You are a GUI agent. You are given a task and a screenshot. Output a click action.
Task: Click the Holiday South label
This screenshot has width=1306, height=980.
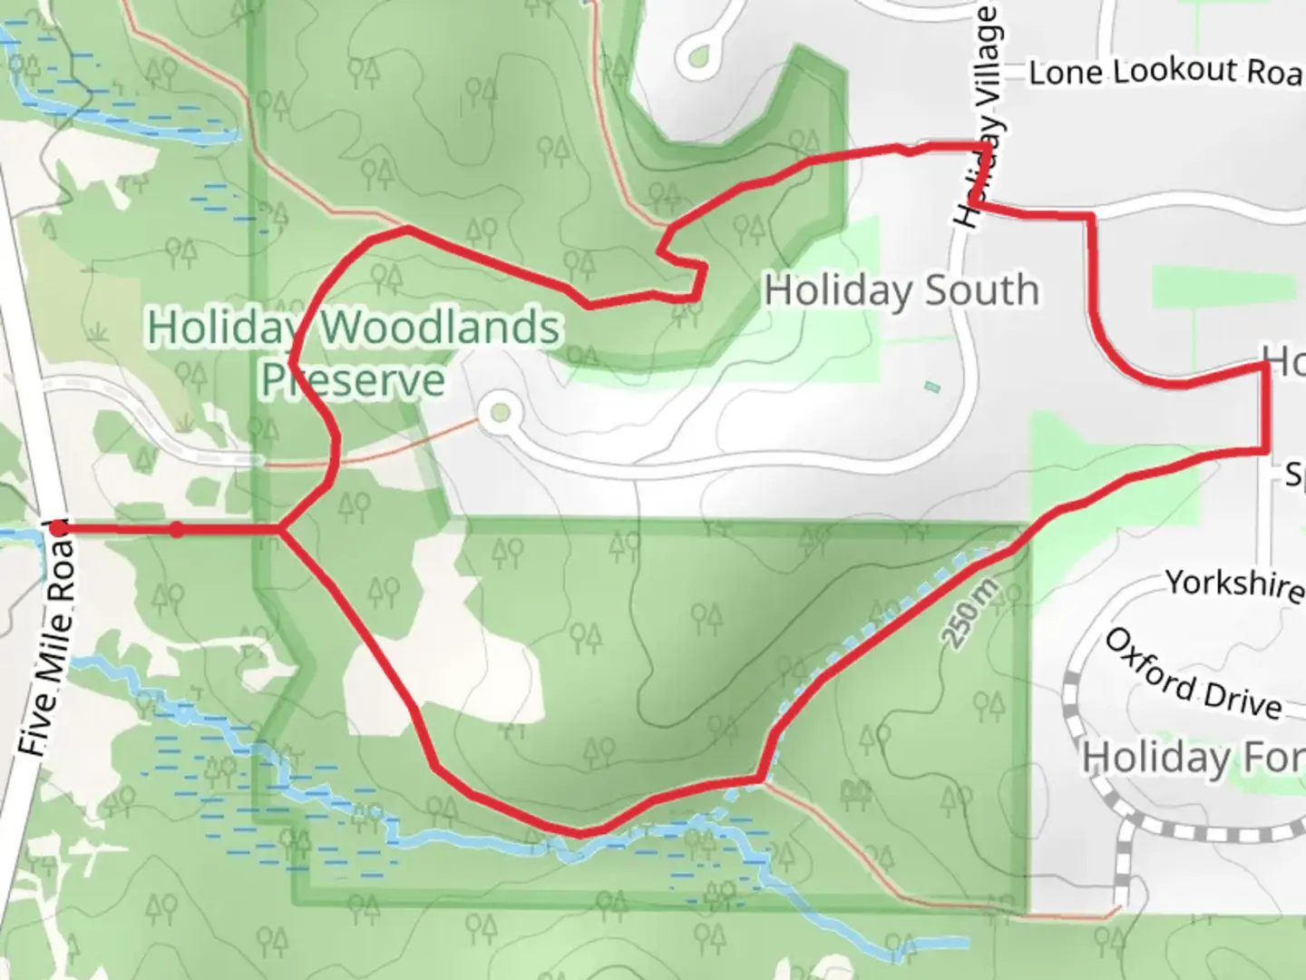902,291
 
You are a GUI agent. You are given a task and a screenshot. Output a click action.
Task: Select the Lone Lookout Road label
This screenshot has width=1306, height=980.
1165,72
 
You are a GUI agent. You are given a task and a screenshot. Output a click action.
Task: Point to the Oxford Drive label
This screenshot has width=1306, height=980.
1192,675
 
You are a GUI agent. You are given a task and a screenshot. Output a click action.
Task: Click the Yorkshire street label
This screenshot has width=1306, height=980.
1233,583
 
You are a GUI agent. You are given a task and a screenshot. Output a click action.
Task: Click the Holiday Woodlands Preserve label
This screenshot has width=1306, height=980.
354,353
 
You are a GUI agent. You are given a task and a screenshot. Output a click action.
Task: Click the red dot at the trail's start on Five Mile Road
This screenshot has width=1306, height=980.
58,528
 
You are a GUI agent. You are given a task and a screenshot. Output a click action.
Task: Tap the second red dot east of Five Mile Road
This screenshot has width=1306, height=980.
177,529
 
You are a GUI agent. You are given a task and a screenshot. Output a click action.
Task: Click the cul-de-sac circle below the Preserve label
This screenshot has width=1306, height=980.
499,414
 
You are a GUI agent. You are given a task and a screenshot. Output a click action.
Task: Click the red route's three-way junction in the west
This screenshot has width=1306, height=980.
282,528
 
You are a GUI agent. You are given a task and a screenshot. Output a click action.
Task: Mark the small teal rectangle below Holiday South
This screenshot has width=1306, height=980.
932,387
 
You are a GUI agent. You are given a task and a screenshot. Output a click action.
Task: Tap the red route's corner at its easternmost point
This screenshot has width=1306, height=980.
1265,365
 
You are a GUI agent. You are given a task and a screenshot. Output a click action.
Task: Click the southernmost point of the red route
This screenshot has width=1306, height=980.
580,832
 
